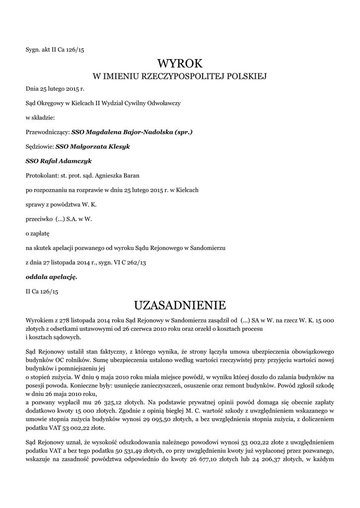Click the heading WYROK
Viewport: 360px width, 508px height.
click(x=180, y=63)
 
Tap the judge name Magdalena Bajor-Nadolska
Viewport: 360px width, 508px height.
click(x=129, y=132)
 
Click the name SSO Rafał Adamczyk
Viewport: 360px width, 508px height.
click(x=59, y=161)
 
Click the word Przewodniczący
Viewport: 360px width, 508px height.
click(x=47, y=132)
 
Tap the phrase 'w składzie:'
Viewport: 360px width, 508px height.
click(x=40, y=118)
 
